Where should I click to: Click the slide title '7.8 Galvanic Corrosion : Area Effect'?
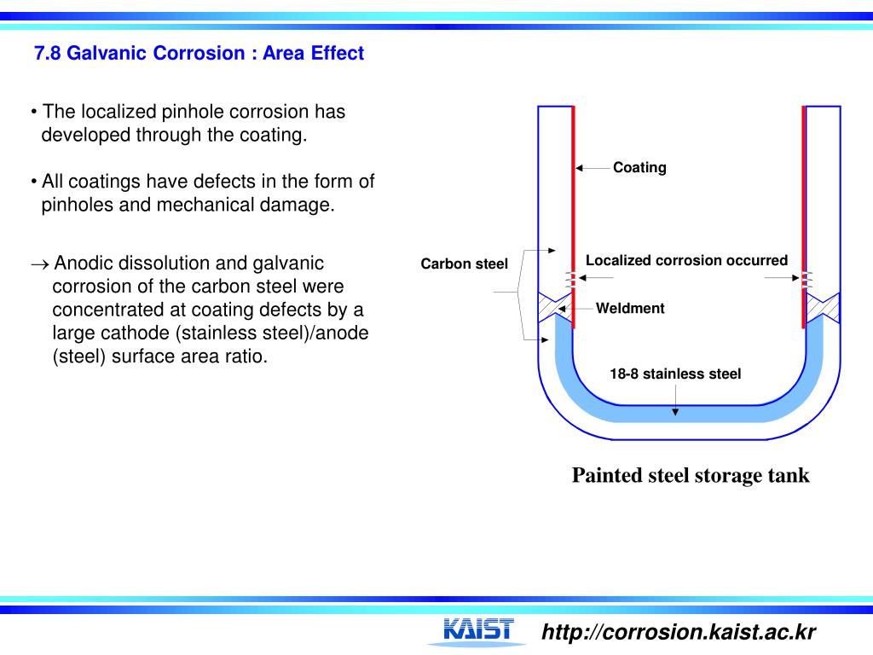[199, 54]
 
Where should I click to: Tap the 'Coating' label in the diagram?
[639, 168]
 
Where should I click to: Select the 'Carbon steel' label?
[464, 264]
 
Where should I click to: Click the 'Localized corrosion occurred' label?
[686, 261]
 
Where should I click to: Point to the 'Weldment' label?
[629, 309]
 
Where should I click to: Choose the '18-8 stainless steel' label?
[675, 374]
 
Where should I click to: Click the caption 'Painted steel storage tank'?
[691, 475]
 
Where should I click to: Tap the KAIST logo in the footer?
[478, 630]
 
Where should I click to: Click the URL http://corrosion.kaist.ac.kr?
[679, 632]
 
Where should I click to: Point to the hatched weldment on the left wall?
[553, 305]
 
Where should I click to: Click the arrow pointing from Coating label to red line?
[593, 168]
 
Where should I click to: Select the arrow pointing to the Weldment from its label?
[583, 309]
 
